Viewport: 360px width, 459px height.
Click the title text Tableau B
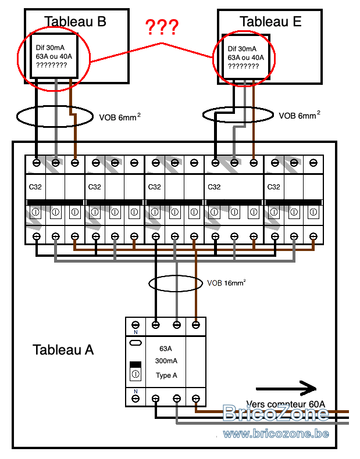[x=76, y=22]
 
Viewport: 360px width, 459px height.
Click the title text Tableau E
[x=270, y=22]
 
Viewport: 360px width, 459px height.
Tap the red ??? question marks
[x=162, y=27]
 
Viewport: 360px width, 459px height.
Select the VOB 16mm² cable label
[x=226, y=284]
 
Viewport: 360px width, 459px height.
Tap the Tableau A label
[x=63, y=350]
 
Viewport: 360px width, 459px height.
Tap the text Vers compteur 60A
[x=285, y=404]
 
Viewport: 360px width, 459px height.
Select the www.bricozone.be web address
[x=276, y=433]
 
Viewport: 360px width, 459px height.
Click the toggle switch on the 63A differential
[x=135, y=370]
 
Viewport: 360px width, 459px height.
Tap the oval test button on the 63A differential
[x=135, y=343]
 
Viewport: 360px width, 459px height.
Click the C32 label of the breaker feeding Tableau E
[x=214, y=187]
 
